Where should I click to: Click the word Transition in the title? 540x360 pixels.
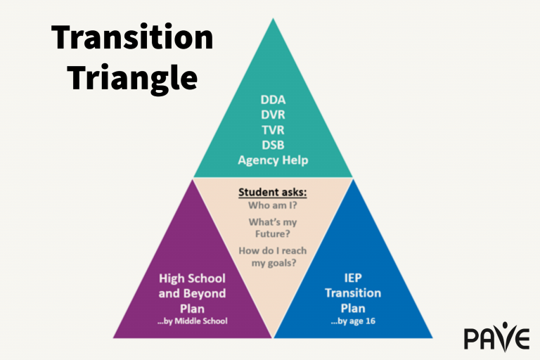coord(131,37)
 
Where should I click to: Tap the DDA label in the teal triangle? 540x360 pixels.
coord(273,101)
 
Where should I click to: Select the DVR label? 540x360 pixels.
coord(273,115)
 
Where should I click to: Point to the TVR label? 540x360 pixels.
coord(273,130)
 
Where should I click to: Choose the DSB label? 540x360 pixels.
coord(273,145)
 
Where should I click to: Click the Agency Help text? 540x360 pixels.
coord(273,160)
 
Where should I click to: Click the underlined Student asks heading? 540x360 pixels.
coord(272,192)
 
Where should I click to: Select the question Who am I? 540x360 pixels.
coord(272,206)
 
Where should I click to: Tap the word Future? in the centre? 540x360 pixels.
coord(272,234)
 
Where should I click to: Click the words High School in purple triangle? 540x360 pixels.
coord(192,278)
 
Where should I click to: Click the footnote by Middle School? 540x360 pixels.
coord(192,321)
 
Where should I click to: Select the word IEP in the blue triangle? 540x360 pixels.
coord(353,278)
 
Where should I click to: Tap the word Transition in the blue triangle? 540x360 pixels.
coord(353,292)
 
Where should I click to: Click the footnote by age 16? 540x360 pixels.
coord(353,321)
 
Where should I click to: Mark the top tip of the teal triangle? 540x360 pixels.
coord(273,19)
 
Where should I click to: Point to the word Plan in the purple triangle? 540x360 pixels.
coord(192,307)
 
